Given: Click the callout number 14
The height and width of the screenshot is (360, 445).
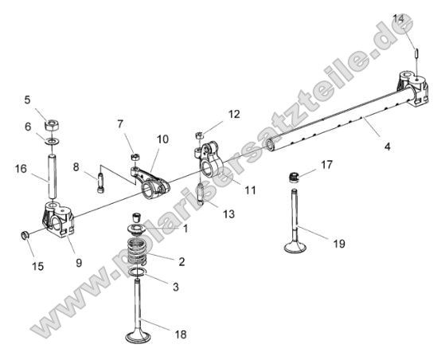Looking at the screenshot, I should pyautogui.click(x=399, y=18).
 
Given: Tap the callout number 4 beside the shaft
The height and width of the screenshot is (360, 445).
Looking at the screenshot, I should pyautogui.click(x=388, y=147).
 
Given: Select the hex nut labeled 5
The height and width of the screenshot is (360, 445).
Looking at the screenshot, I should pyautogui.click(x=50, y=125).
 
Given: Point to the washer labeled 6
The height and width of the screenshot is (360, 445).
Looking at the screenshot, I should pyautogui.click(x=50, y=141).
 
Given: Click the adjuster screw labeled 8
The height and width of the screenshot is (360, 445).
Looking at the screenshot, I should pyautogui.click(x=101, y=181).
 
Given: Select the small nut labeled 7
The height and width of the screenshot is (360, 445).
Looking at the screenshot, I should pyautogui.click(x=136, y=156).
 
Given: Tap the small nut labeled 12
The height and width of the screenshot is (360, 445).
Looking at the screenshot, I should pyautogui.click(x=199, y=134).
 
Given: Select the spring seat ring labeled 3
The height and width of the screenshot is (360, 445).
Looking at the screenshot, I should pyautogui.click(x=139, y=275).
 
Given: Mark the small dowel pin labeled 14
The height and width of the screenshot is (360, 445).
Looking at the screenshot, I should pyautogui.click(x=417, y=52).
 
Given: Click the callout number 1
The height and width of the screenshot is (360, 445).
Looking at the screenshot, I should pyautogui.click(x=185, y=229).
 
